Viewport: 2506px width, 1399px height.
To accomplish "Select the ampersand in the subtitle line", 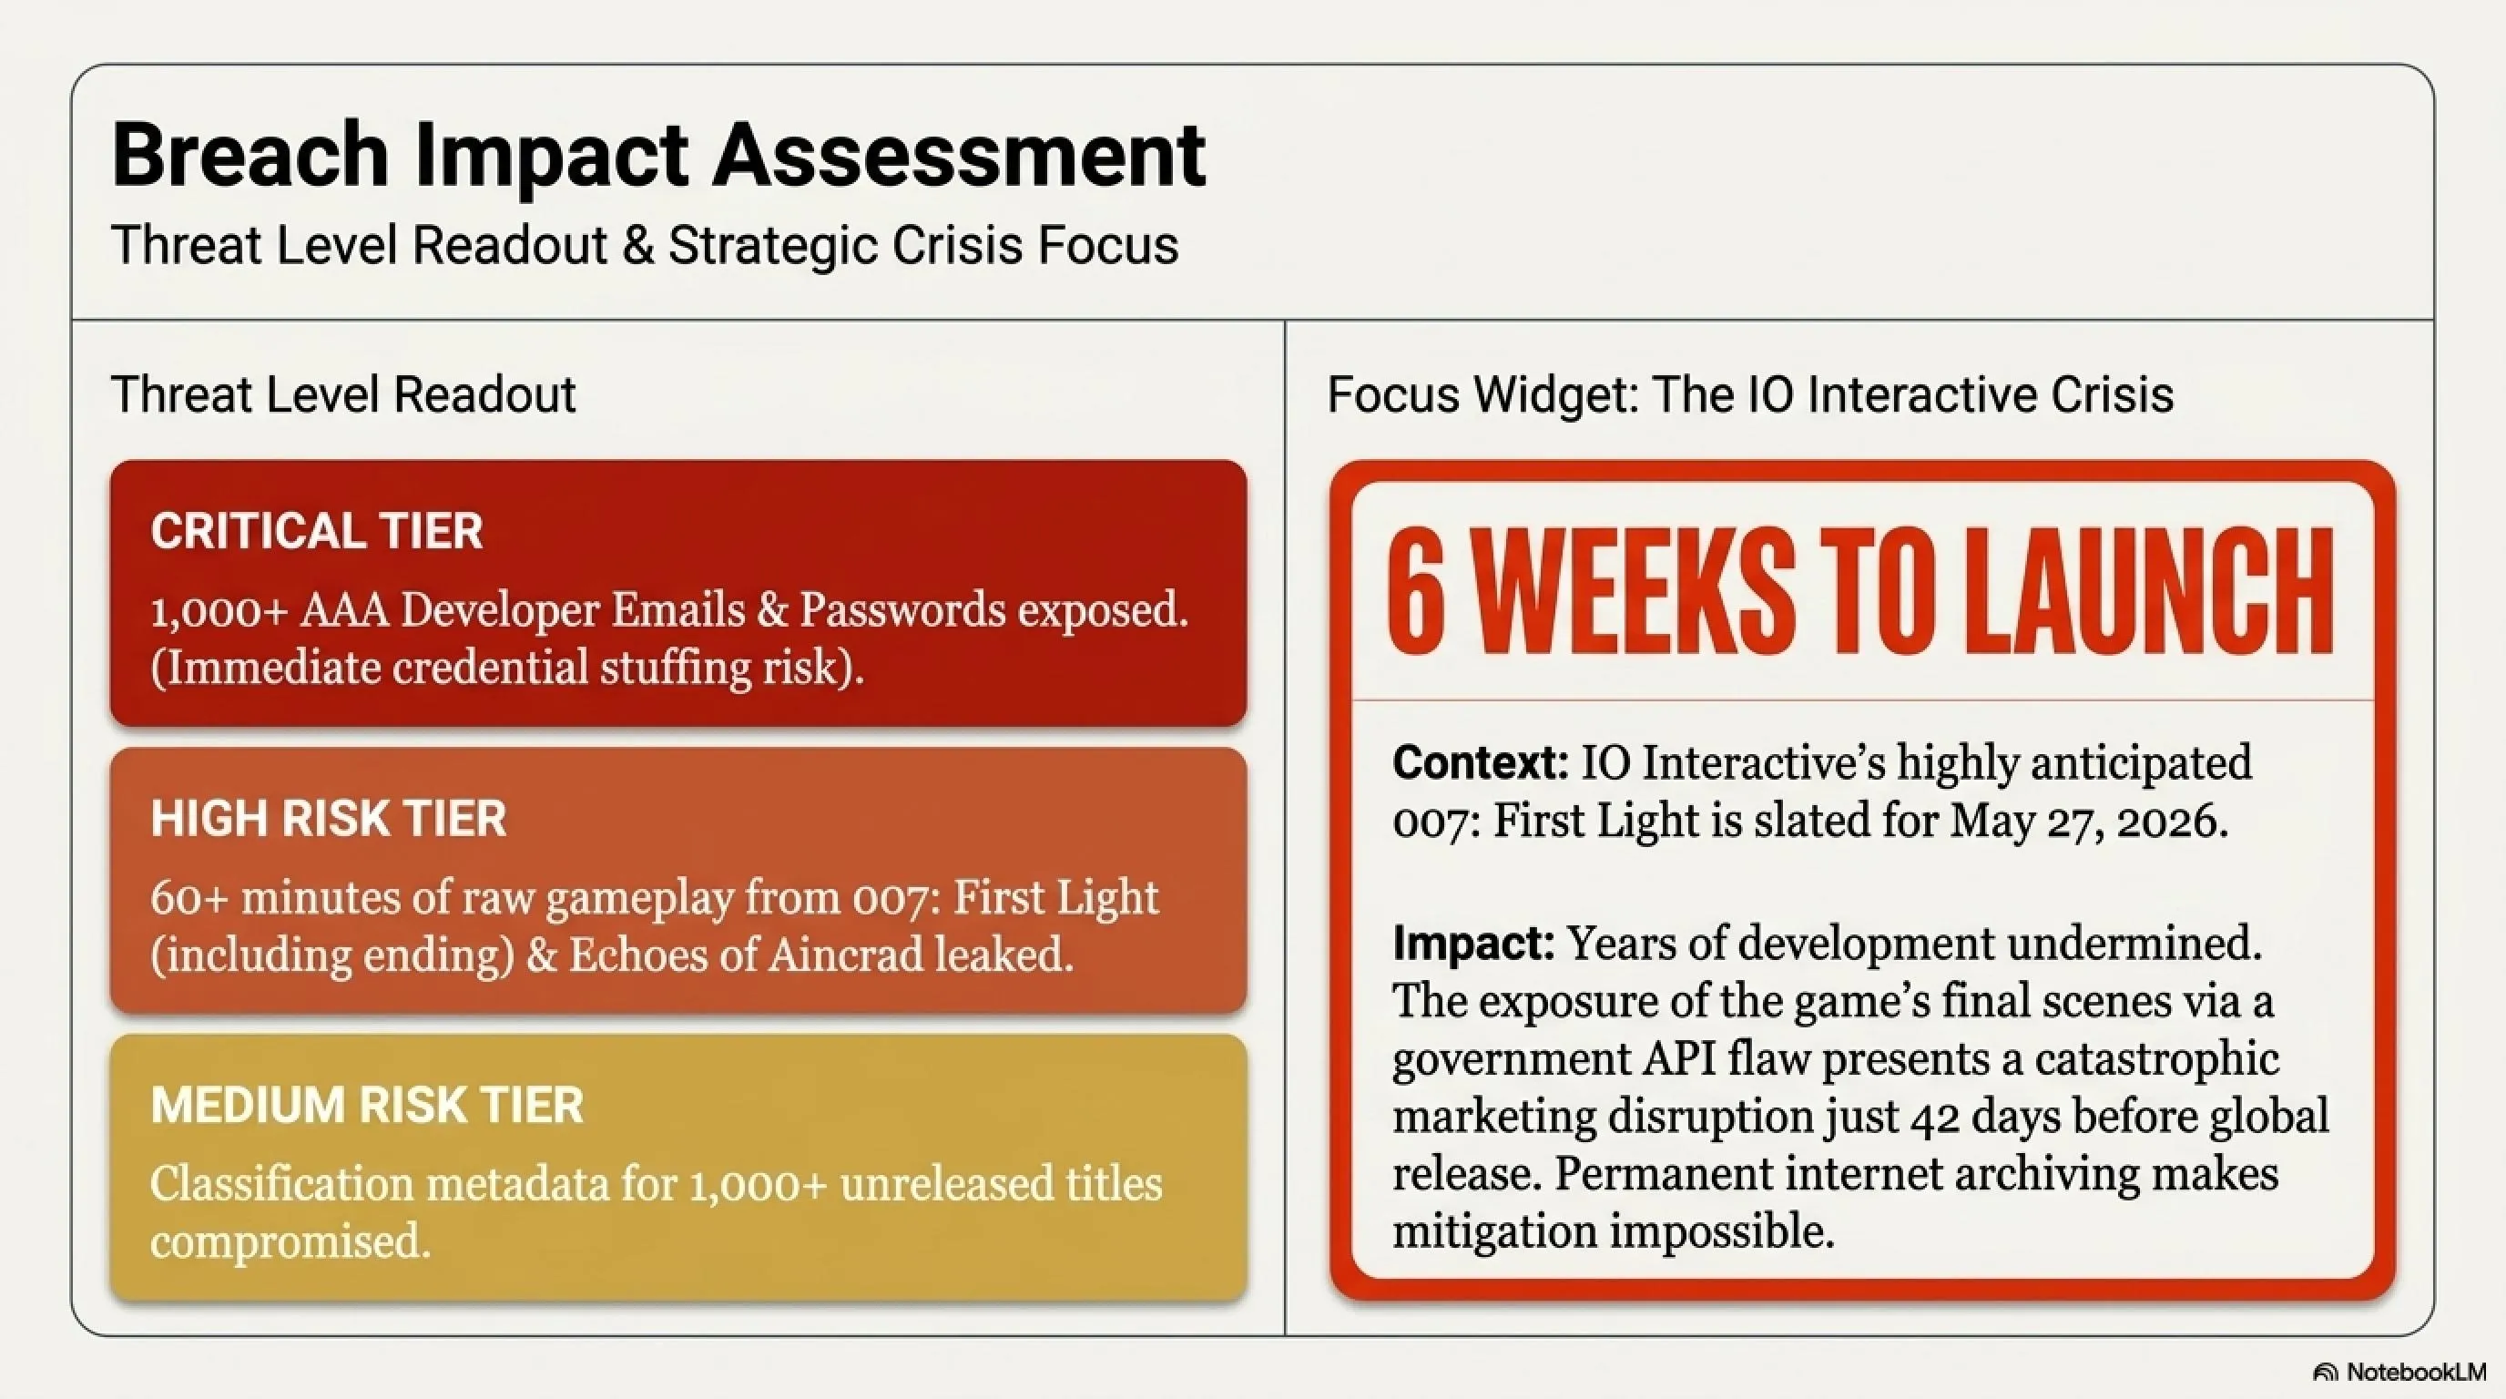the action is [x=637, y=244].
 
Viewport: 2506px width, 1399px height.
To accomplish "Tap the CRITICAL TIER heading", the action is [x=316, y=530].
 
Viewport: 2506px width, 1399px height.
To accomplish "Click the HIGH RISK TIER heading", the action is [x=329, y=818].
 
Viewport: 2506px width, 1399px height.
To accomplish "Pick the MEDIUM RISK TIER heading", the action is [x=367, y=1105].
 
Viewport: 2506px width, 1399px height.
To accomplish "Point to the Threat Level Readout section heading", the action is [x=343, y=394].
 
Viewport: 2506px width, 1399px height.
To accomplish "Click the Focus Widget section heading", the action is [x=1750, y=394].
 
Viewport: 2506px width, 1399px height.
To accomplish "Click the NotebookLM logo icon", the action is [x=2324, y=1373].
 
